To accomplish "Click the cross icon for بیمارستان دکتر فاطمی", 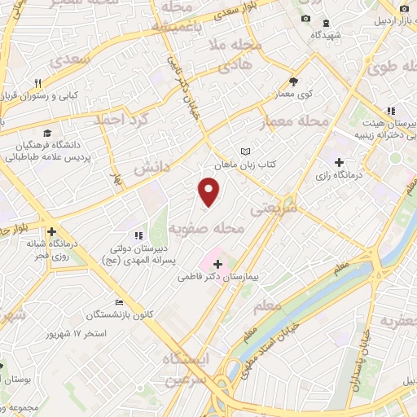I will (x=217, y=264).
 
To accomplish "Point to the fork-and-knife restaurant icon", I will (x=37, y=83).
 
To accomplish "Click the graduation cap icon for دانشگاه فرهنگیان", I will (x=46, y=133).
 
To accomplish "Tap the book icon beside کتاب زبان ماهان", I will (x=245, y=151).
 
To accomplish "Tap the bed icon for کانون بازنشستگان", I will (x=119, y=301).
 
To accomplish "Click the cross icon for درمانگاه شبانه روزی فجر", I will (x=51, y=231).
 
